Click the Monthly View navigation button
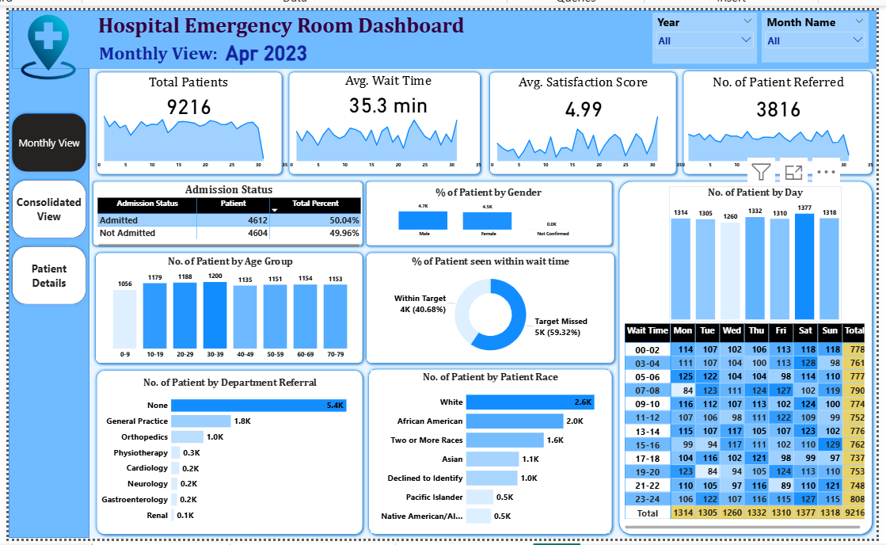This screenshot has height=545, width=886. click(x=49, y=143)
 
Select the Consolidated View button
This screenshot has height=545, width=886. click(x=49, y=208)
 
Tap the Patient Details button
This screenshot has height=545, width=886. click(x=49, y=276)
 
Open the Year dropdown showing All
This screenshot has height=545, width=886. click(x=704, y=40)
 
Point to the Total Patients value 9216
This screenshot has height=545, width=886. click(x=188, y=107)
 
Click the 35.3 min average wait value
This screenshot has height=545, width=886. click(x=388, y=105)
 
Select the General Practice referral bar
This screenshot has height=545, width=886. click(x=201, y=421)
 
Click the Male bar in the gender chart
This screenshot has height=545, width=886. click(x=424, y=220)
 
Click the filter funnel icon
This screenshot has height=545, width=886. click(x=761, y=171)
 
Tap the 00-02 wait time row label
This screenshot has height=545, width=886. click(x=647, y=349)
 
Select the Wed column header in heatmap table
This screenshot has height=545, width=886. click(x=732, y=330)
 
